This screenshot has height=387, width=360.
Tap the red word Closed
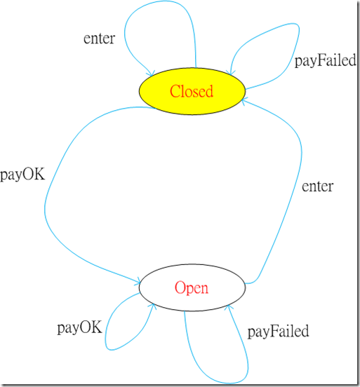192,91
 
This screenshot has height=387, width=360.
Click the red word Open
192,288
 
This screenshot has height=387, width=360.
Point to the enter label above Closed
100,39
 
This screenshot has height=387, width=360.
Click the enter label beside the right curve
317,186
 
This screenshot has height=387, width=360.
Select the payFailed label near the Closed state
326,61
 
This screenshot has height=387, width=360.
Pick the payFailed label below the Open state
278,332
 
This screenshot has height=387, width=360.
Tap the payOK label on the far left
22,175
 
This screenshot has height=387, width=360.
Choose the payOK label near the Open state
79,328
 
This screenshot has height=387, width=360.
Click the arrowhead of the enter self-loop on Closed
152,74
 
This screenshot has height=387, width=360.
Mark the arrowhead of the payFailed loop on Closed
231,72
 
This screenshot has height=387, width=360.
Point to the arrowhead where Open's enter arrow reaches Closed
244,101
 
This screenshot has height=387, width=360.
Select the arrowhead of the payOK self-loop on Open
153,306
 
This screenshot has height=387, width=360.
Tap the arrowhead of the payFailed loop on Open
229,307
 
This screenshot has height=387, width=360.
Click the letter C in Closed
175,91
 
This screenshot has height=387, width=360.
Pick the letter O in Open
180,287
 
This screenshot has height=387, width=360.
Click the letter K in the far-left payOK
39,174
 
